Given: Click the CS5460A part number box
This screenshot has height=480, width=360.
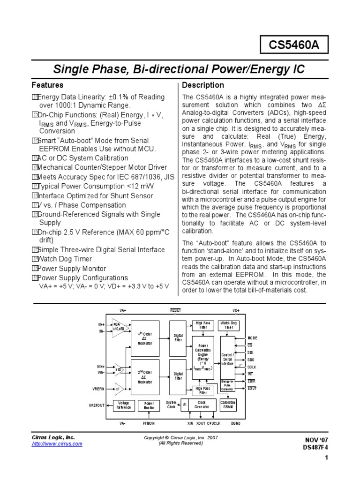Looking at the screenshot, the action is click(x=293, y=45).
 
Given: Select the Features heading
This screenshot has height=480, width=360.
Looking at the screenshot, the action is click(x=47, y=85).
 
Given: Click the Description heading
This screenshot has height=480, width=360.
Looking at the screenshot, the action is click(x=203, y=85).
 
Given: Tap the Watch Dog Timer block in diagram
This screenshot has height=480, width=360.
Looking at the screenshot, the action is click(x=229, y=325).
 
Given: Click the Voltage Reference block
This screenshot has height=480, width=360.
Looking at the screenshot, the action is click(x=124, y=405).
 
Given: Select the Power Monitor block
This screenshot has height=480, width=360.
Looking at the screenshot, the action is click(x=149, y=405).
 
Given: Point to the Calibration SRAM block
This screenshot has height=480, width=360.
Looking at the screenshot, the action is click(x=228, y=405).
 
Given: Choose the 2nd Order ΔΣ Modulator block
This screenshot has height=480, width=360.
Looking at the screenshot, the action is click(x=145, y=376).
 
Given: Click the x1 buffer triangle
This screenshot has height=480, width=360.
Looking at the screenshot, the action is click(x=118, y=389).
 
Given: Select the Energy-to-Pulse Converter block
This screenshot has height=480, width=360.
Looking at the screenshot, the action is click(x=228, y=385).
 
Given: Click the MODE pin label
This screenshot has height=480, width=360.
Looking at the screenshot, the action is click(x=252, y=338).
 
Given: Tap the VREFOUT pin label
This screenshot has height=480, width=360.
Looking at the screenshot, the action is click(x=97, y=405).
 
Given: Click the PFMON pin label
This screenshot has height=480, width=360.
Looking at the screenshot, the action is click(x=149, y=423).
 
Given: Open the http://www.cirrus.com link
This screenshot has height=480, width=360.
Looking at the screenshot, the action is click(x=57, y=444).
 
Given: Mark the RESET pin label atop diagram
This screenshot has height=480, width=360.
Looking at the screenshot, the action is click(x=175, y=310).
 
